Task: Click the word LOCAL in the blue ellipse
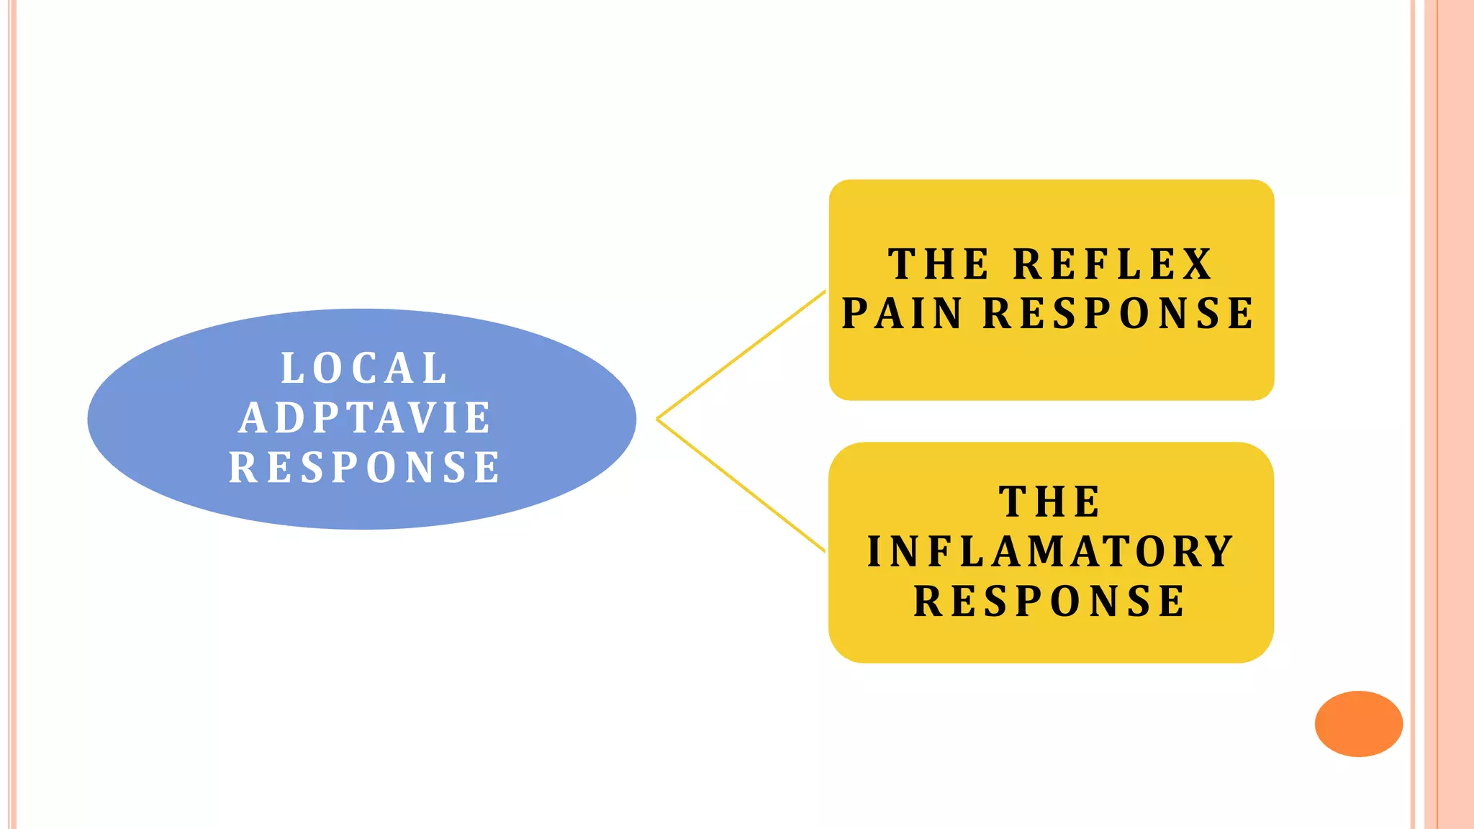pos(364,368)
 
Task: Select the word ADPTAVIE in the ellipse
pos(365,418)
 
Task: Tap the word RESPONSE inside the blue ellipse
pos(365,467)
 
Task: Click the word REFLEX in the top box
pos(1113,264)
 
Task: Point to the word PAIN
pos(902,314)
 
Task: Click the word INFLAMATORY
pos(1051,552)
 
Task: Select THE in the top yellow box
pos(939,264)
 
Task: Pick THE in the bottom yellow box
pos(1050,502)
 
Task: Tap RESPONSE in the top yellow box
pos(1118,314)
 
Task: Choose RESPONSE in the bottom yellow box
pos(1050,602)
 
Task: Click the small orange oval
pos(1358,723)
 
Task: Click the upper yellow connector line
pos(741,355)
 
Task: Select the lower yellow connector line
pos(741,486)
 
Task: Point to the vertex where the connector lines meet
pos(658,419)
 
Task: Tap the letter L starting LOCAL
pos(291,368)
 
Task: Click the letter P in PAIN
pos(854,314)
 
